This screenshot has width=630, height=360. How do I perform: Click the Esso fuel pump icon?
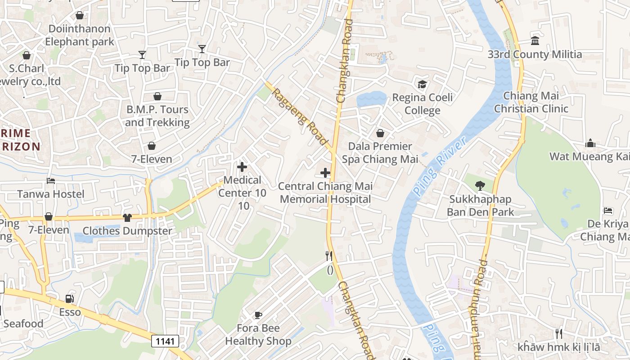click(69, 299)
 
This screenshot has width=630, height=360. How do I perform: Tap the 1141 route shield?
click(165, 341)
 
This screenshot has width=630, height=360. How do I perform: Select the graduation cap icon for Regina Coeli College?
click(422, 84)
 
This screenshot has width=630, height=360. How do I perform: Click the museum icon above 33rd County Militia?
click(535, 41)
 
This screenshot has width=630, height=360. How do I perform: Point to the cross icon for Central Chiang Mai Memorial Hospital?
click(325, 173)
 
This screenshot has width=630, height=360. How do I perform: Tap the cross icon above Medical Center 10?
click(242, 167)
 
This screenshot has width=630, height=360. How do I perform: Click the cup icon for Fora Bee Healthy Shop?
click(258, 315)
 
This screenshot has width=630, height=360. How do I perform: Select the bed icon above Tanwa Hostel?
click(51, 181)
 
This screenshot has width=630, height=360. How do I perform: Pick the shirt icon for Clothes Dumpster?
click(127, 218)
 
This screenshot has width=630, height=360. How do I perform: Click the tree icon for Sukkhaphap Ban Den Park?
click(480, 185)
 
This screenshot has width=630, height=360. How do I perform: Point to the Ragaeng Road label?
click(300, 116)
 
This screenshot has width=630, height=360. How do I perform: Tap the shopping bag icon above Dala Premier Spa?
click(380, 133)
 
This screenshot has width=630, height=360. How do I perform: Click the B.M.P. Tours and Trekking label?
click(157, 116)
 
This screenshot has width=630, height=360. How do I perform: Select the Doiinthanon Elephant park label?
click(79, 35)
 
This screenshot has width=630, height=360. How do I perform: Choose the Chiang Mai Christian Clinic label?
click(531, 102)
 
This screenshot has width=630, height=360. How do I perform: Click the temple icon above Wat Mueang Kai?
click(590, 144)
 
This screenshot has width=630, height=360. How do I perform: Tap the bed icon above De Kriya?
click(608, 211)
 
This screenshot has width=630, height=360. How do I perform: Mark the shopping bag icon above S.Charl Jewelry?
click(27, 55)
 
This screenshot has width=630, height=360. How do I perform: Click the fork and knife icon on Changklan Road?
click(329, 256)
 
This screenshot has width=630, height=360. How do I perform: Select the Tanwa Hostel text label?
click(51, 194)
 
